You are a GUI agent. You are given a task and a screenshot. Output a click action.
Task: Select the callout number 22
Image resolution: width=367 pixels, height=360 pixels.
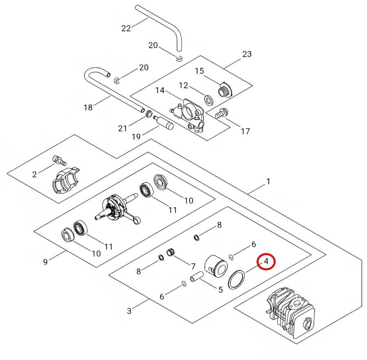pyautogui.click(x=126, y=28)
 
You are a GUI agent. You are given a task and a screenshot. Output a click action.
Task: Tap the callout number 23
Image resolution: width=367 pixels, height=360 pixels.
pyautogui.click(x=247, y=54)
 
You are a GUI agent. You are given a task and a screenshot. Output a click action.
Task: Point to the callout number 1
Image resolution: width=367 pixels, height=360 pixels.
pyautogui.click(x=268, y=182)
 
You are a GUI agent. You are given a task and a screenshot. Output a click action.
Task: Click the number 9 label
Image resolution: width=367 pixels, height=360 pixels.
pyautogui.click(x=45, y=261)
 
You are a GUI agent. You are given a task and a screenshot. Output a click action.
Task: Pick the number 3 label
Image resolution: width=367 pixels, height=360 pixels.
pyautogui.click(x=129, y=312)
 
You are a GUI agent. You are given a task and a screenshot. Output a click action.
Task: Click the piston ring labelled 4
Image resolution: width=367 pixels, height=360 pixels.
pyautogui.click(x=237, y=280)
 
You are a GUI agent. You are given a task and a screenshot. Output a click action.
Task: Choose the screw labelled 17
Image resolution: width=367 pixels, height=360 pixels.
pyautogui.click(x=221, y=112)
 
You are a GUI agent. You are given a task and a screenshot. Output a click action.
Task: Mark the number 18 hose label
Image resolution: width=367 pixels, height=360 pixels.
pyautogui.click(x=88, y=108)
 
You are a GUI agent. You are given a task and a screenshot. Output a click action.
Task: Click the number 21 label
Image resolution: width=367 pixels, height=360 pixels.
pyautogui.click(x=123, y=128)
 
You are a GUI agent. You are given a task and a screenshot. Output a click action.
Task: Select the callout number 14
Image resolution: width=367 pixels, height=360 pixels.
pyautogui.click(x=160, y=90)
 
